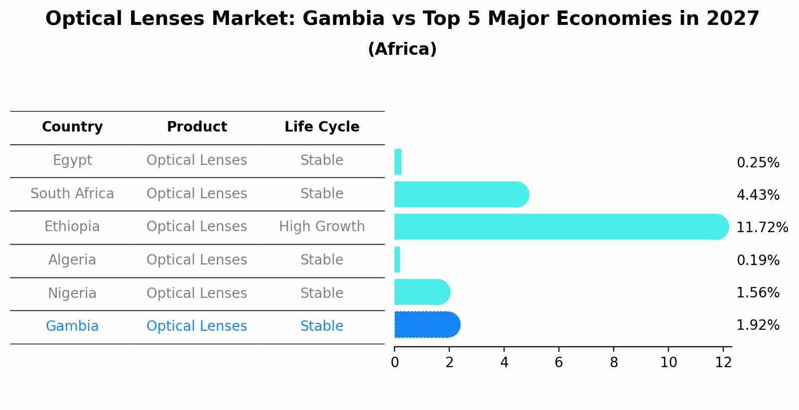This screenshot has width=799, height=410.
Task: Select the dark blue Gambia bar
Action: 426,325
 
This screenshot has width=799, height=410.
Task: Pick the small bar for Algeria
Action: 397,260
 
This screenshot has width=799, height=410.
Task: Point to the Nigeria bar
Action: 421,292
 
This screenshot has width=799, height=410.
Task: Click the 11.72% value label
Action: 762,228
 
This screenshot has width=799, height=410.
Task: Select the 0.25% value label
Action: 758,163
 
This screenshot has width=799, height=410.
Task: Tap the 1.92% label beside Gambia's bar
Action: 758,325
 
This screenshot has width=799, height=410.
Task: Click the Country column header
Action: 72,127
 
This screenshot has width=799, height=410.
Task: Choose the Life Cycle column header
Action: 322,127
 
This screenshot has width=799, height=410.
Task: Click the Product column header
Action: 197,127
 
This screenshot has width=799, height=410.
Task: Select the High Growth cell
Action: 322,227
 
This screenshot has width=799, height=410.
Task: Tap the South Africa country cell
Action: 72,194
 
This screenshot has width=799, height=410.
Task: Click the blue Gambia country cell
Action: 72,326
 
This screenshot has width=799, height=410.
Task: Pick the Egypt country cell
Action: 72,160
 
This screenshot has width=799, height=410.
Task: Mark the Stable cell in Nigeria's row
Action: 322,293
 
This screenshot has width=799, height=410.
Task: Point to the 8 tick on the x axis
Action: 614,363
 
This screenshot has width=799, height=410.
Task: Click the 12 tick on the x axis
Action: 723,363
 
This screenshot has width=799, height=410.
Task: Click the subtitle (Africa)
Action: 402,49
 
